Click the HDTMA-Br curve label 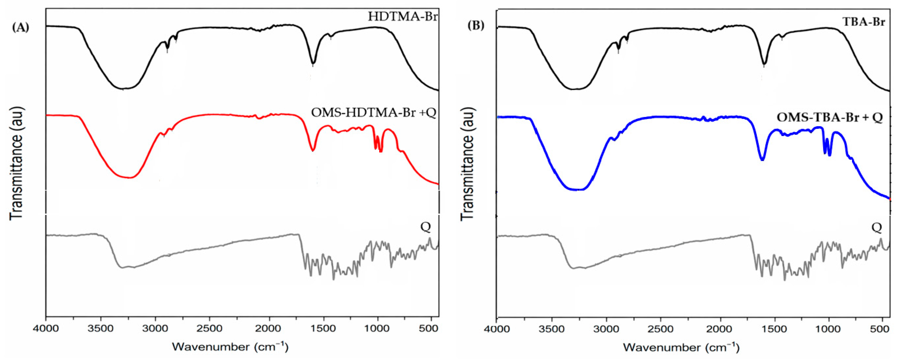[x=403, y=16]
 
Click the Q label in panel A [x=426, y=227]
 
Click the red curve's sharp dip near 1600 [x=313, y=150]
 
